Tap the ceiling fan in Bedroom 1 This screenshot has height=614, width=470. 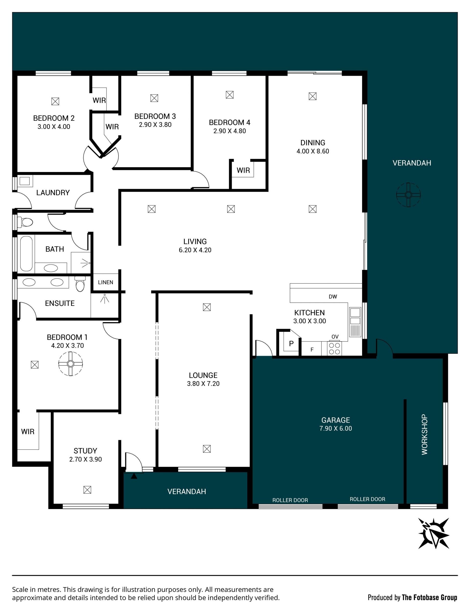70,363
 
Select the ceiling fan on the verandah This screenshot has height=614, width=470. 409,195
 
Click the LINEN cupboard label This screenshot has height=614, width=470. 106,282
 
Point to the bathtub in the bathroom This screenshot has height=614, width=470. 26,253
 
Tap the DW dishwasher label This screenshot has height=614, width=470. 333,297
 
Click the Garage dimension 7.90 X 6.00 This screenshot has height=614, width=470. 336,428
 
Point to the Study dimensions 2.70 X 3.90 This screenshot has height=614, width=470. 86,459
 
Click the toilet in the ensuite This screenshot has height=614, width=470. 80,284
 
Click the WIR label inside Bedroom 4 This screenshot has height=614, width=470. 243,170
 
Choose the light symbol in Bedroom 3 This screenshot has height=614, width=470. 154,98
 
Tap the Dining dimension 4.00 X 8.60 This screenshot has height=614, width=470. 313,151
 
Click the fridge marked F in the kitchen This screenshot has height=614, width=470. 312,349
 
